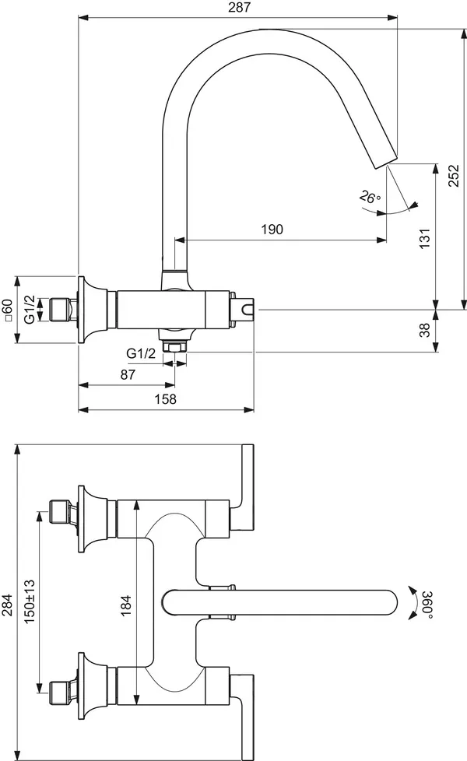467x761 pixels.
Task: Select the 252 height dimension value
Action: coord(452,176)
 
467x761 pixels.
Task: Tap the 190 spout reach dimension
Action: coord(272,229)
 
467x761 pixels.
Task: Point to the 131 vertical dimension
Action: coord(425,238)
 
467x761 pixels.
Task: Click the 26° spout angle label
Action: coord(370,197)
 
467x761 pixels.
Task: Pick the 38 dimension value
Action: coord(425,330)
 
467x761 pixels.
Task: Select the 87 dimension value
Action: coord(128,375)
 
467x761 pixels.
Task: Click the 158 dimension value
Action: coord(166,399)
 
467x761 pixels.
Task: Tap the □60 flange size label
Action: coord(6,310)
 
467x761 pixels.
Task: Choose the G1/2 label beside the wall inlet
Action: coord(30,310)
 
